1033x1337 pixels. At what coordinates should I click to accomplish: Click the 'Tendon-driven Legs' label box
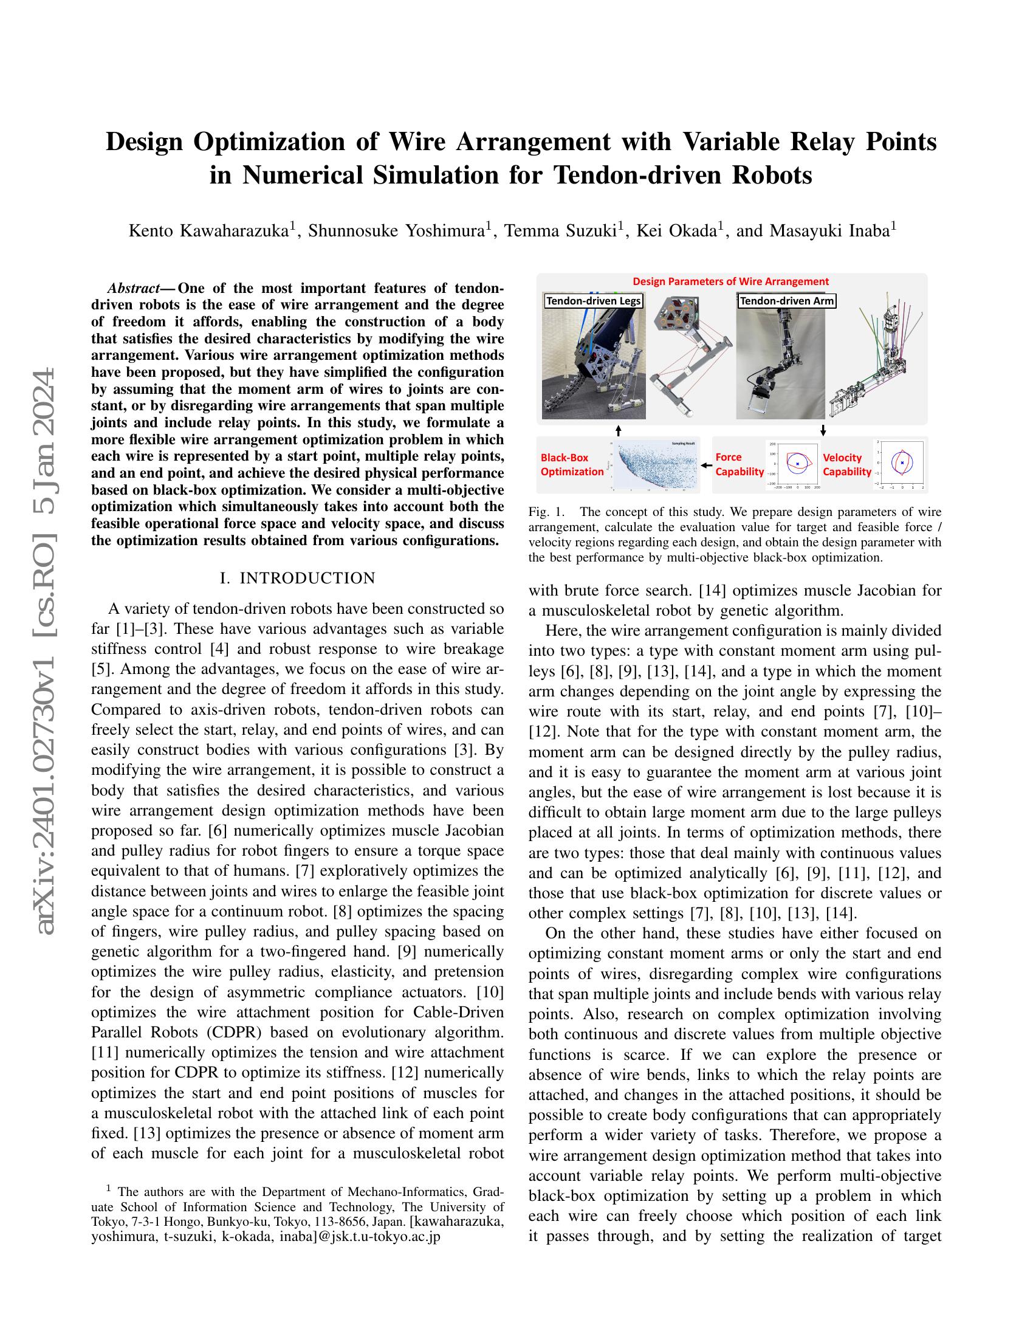[x=593, y=301]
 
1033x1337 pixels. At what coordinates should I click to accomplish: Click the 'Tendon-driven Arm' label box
[x=786, y=301]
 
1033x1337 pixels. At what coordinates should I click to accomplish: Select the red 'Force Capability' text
[x=740, y=464]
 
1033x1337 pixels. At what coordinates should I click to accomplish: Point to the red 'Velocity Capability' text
[x=846, y=465]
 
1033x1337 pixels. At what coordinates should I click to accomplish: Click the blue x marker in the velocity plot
[x=902, y=463]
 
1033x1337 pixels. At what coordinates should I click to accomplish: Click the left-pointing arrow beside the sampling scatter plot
[x=707, y=466]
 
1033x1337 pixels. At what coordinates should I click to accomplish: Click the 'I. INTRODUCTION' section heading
[x=297, y=579]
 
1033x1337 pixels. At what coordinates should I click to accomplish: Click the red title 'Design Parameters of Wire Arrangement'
[x=730, y=281]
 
